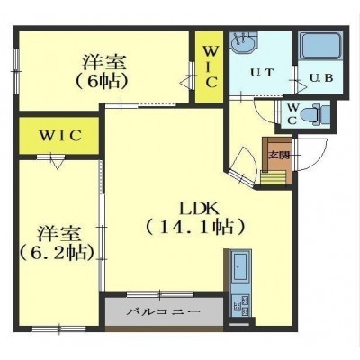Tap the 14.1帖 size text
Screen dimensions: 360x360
click(195, 228)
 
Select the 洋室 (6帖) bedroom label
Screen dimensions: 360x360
click(103, 71)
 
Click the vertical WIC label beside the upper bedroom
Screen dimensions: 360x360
click(209, 67)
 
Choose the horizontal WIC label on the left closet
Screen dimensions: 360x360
click(60, 136)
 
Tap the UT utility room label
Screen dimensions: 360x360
click(262, 73)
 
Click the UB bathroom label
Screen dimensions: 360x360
click(321, 78)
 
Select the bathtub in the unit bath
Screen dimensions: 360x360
click(321, 46)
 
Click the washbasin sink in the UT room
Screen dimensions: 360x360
click(244, 44)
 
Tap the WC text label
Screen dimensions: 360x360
click(292, 113)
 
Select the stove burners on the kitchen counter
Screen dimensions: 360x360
click(240, 306)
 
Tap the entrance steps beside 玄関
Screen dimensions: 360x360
click(273, 177)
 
